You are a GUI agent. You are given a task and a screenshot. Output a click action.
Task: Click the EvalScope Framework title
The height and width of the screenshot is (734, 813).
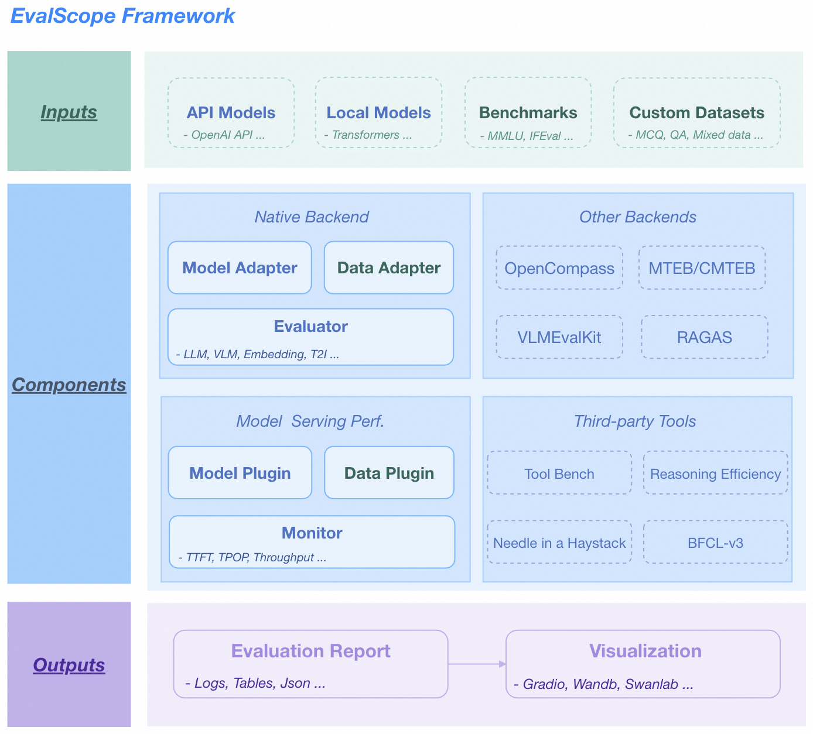click(x=122, y=16)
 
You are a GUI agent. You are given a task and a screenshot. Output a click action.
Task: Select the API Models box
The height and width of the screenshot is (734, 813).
click(x=231, y=113)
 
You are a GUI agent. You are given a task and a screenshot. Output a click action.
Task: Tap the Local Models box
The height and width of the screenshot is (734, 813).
click(x=378, y=113)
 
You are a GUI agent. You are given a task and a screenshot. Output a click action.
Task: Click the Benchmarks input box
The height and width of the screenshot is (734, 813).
click(x=528, y=113)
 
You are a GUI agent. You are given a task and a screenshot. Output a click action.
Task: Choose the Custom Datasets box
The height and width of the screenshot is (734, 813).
click(x=696, y=113)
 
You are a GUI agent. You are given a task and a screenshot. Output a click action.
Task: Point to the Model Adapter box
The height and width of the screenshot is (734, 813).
click(x=240, y=268)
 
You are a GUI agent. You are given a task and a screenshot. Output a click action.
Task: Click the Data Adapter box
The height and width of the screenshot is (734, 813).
click(x=389, y=268)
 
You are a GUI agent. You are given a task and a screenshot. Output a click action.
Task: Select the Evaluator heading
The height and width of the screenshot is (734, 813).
click(x=310, y=327)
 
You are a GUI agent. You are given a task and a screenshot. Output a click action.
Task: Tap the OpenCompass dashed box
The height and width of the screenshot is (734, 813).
click(x=559, y=268)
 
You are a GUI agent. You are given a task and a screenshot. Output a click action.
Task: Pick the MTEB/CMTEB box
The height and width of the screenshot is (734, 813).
click(x=702, y=268)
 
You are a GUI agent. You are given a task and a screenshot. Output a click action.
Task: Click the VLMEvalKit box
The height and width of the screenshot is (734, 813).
click(x=559, y=337)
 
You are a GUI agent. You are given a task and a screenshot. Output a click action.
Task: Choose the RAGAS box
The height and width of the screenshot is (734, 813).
click(x=705, y=337)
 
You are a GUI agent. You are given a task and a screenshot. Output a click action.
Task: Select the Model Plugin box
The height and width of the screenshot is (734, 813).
click(x=240, y=473)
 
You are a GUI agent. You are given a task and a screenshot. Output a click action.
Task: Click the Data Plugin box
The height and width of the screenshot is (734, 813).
click(x=389, y=473)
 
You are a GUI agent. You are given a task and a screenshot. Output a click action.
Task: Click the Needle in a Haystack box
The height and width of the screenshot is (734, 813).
click(x=559, y=543)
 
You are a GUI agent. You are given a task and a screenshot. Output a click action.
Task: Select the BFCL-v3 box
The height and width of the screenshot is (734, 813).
click(x=715, y=543)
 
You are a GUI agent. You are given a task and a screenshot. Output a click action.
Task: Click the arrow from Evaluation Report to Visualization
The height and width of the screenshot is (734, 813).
click(x=477, y=664)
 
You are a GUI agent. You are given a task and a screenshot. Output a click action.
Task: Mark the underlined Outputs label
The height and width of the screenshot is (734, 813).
click(x=69, y=665)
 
